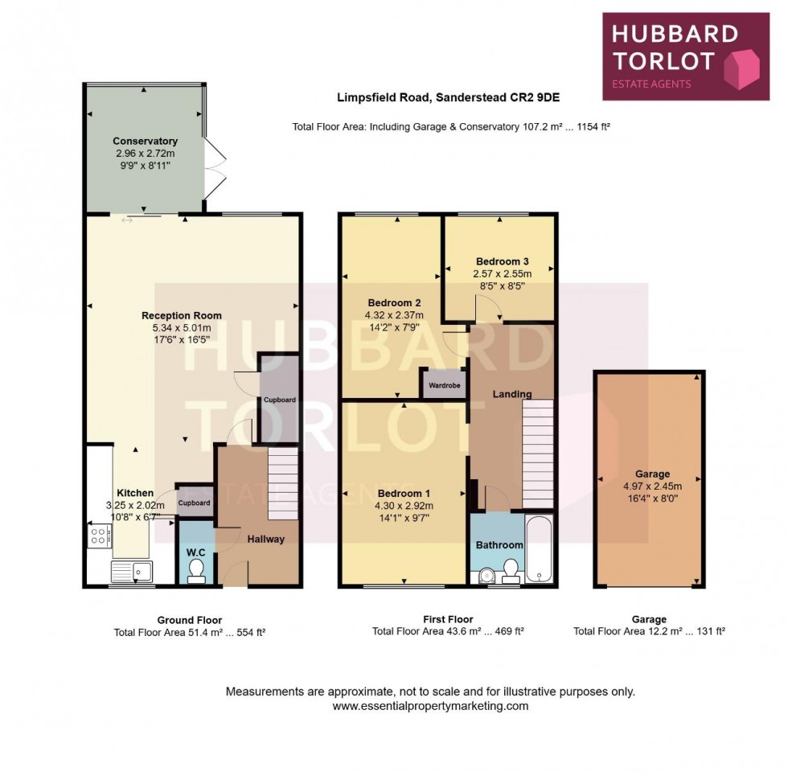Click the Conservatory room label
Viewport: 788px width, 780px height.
145,142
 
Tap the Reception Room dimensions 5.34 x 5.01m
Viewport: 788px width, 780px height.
182,328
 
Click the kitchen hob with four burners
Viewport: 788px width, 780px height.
100,536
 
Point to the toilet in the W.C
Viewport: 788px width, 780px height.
195,569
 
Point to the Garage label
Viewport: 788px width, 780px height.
651,474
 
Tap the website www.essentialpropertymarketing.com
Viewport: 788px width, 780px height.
430,705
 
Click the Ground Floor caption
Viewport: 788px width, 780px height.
190,620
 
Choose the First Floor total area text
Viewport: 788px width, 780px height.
448,632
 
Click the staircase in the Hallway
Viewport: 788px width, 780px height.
283,485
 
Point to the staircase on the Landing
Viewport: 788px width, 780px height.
538,454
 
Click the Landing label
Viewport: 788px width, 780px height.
512,394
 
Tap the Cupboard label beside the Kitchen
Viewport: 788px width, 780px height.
194,503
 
